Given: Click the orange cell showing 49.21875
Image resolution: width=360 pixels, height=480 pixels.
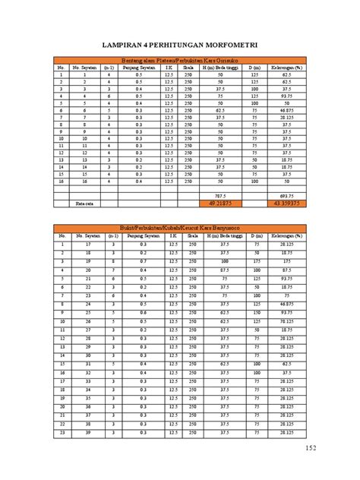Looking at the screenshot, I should click(221, 204).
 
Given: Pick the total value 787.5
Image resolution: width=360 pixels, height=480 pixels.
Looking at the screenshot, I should click(221, 196).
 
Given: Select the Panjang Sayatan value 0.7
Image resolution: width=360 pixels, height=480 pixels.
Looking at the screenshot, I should click(140, 261).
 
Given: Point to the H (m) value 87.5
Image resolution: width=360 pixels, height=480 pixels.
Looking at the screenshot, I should click(221, 270).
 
